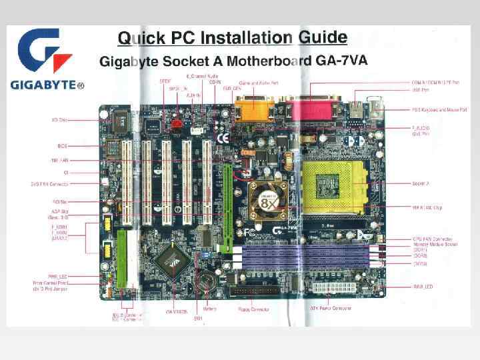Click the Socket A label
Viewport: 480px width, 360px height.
pyautogui.click(x=422, y=183)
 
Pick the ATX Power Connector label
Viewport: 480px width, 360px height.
pyautogui.click(x=332, y=308)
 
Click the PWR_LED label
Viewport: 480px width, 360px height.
pyautogui.click(x=77, y=276)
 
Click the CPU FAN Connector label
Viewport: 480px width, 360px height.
pyautogui.click(x=433, y=239)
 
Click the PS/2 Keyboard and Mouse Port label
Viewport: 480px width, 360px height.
pyautogui.click(x=436, y=109)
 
